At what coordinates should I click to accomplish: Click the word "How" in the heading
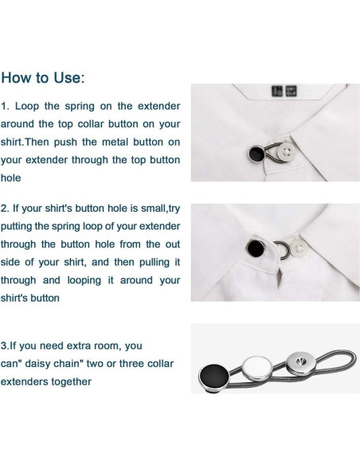(18, 78)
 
